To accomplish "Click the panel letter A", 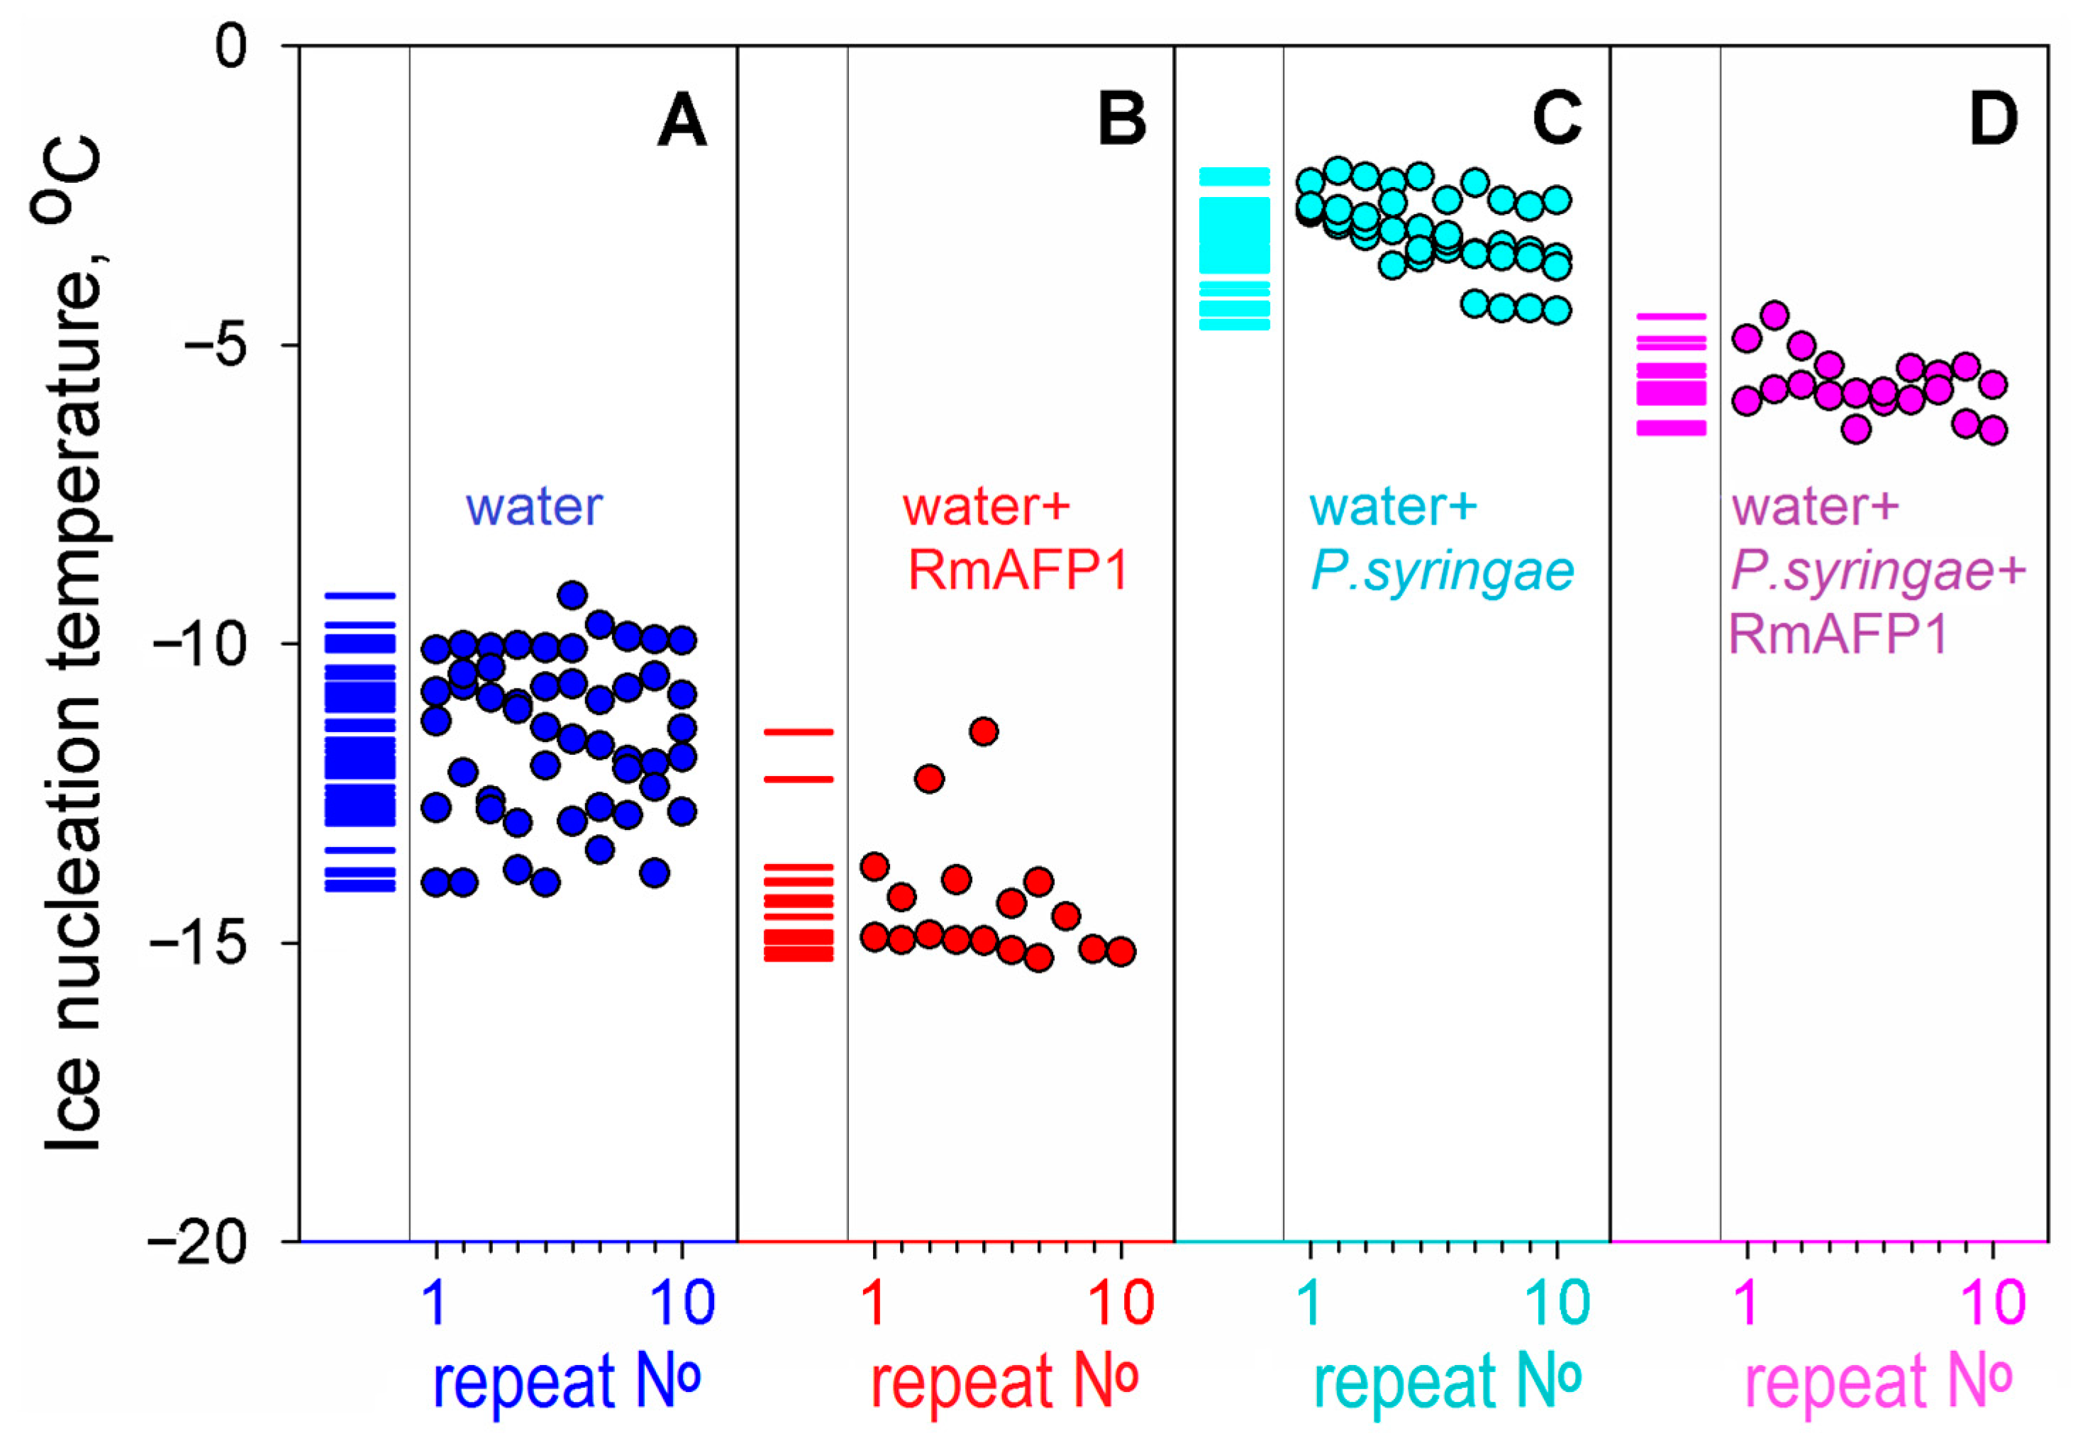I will click(x=682, y=121).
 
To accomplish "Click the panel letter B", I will click(x=1121, y=121).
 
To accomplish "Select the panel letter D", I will click(x=1993, y=121).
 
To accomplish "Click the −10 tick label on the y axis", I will click(x=201, y=644).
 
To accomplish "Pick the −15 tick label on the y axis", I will click(x=201, y=944).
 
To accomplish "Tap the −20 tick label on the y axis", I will click(x=201, y=1242).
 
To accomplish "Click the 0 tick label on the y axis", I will click(x=231, y=47).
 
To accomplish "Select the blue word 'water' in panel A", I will click(x=533, y=507).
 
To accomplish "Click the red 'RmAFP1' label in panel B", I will click(x=1018, y=571).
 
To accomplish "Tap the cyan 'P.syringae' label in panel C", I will click(x=1442, y=571).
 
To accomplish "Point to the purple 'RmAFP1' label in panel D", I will click(x=1838, y=634).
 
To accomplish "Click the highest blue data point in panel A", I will click(x=572, y=595).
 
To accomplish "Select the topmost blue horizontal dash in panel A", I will click(x=360, y=595).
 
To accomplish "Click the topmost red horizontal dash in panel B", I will click(x=799, y=732).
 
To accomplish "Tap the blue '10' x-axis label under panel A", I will click(x=682, y=1302).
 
